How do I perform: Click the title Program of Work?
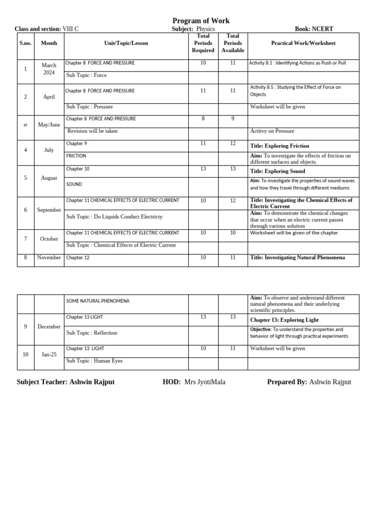pos(201,21)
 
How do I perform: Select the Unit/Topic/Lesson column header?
pos(126,43)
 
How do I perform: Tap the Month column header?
pos(49,43)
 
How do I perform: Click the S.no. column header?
pos(26,43)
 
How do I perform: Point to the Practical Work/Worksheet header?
pos(303,43)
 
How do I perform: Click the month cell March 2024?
pos(49,69)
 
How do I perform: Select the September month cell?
pos(49,210)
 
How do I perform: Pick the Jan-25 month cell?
pos(49,354)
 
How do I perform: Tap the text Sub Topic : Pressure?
pos(89,107)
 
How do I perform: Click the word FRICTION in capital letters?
pos(76,156)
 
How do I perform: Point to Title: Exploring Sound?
pos(278,171)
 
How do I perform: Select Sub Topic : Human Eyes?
pos(94,361)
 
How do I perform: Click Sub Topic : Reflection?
pos(92,333)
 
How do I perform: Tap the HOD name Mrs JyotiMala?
pos(205,382)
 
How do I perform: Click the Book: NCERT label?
pos(314,29)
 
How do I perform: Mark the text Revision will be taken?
pos(92,131)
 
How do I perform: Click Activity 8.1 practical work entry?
pos(297,63)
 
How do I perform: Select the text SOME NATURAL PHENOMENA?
pos(97,301)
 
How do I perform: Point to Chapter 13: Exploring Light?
pos(284,320)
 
